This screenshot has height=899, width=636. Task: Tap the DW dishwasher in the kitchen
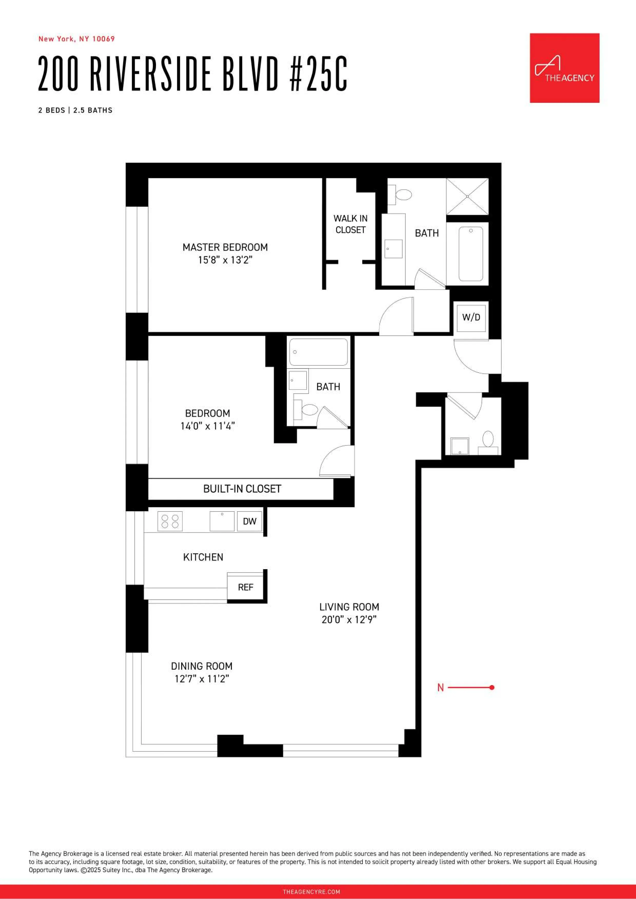coord(249,521)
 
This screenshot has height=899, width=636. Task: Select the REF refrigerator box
coord(245,587)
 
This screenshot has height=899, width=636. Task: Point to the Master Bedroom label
coord(225,248)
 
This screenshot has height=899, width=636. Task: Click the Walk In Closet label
coord(350,224)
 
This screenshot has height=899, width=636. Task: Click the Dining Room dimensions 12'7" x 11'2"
coord(201,679)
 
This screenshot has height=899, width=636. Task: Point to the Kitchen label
coord(203,557)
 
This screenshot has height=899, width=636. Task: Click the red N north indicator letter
coord(441,688)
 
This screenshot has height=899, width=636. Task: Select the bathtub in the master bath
coord(471,253)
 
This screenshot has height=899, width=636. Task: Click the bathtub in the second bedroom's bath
coord(318,352)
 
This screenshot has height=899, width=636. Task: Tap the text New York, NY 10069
coord(76,39)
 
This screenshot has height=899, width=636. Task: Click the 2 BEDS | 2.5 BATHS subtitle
coord(75,110)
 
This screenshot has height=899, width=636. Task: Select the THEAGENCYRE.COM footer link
coord(311,892)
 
